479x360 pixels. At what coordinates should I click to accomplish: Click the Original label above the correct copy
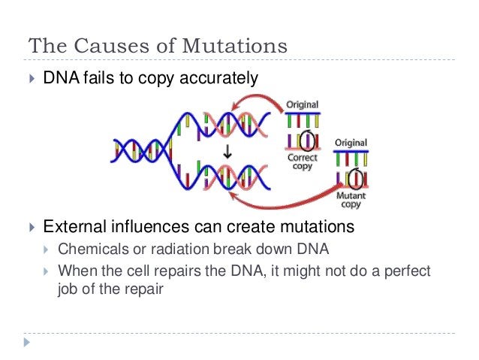[x=303, y=104]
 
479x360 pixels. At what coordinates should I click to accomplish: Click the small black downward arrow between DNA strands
[x=227, y=152]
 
